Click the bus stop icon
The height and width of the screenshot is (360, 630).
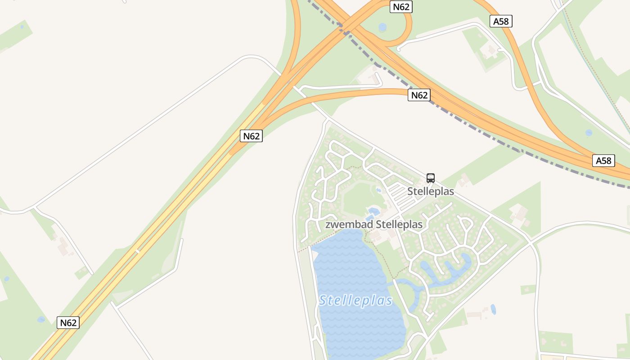(431, 178)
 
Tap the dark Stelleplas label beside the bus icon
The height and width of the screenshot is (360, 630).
(431, 191)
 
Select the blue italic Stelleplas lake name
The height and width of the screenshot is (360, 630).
(356, 300)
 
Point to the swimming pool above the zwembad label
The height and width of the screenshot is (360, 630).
(373, 211)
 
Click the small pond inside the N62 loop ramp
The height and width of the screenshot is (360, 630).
(382, 27)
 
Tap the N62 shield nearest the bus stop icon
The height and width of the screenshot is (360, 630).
(419, 95)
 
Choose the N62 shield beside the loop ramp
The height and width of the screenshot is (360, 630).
(401, 6)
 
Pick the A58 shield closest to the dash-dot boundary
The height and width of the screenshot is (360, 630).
(603, 161)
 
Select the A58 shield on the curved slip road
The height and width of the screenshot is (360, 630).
(501, 21)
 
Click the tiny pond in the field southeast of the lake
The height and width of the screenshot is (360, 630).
(493, 309)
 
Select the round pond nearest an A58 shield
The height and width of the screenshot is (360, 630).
(589, 133)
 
